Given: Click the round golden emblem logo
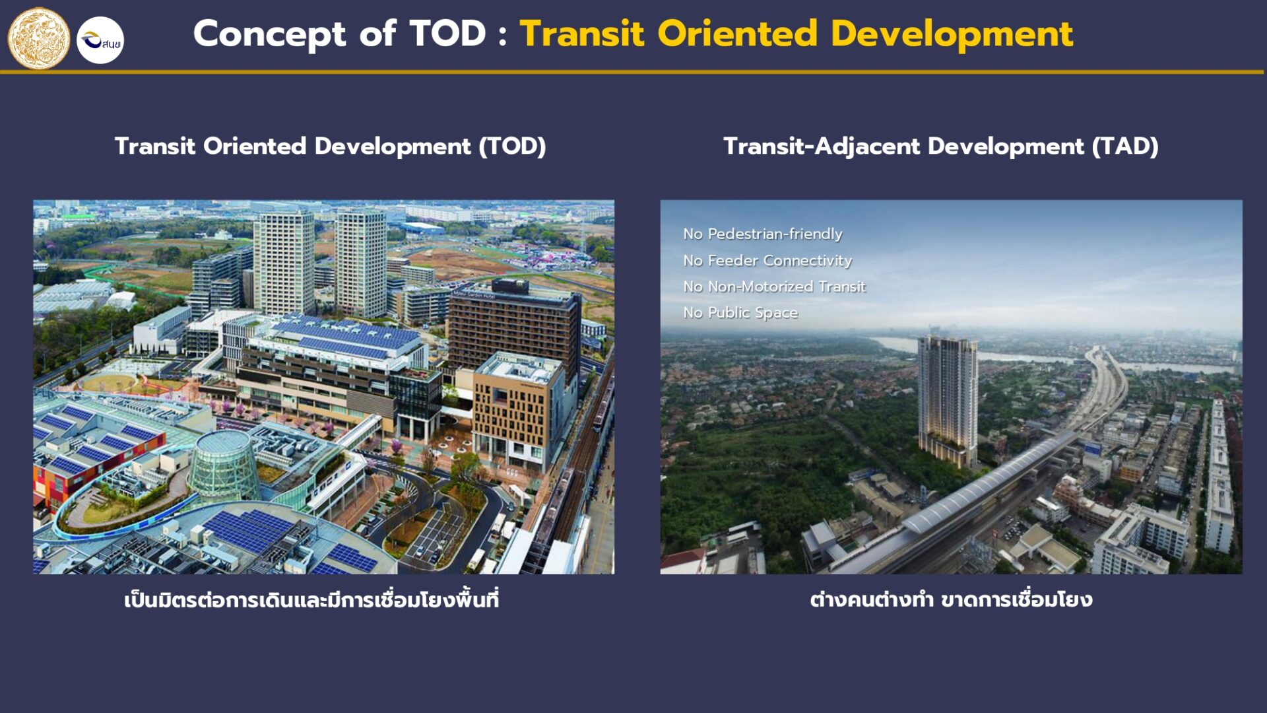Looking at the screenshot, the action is pos(38,38).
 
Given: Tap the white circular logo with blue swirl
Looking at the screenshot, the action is pos(100,40).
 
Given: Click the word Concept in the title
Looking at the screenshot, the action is pos(269,34).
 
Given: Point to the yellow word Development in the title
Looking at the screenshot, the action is pos(952,34).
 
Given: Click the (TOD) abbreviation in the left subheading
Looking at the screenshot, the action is pos(513,146).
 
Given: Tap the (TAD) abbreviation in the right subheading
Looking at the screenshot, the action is pos(1125,146).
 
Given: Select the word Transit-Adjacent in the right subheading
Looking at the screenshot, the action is pos(822,146).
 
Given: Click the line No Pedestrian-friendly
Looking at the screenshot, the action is pos(763,234).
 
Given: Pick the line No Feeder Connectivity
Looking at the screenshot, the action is pos(767,260).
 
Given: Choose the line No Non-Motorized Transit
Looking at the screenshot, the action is pos(774,286).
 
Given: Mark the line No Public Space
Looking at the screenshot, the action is pos(740,312).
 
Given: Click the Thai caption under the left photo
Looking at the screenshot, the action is pos(311,599).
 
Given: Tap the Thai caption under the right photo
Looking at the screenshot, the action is pos(951,599).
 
